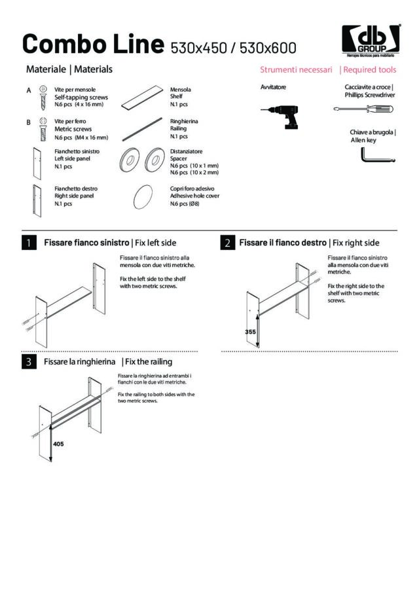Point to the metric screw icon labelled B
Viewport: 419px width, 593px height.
click(x=44, y=126)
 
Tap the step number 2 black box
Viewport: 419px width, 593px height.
click(x=227, y=243)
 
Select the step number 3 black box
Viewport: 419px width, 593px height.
click(x=28, y=361)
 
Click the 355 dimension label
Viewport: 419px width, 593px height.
click(x=250, y=332)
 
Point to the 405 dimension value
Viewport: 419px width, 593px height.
click(x=58, y=443)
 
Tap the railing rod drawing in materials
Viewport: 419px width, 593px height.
click(x=143, y=127)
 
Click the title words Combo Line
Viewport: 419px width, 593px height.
click(x=92, y=44)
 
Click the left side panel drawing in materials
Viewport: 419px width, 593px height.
click(x=36, y=162)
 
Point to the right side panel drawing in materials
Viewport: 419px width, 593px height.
click(x=36, y=198)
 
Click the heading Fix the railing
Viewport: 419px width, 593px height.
click(x=149, y=361)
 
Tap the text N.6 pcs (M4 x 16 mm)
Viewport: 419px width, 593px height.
click(x=81, y=137)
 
